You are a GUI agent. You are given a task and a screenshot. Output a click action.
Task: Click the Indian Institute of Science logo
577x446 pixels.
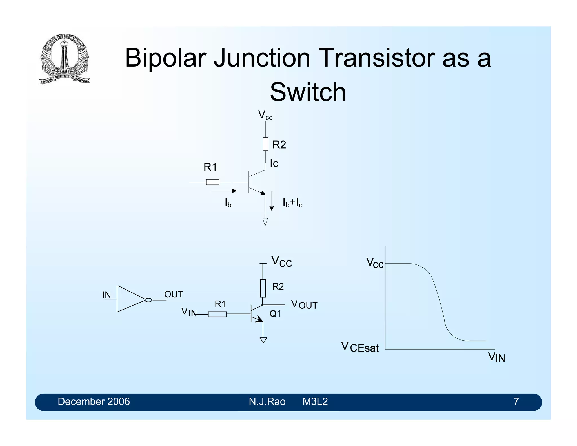[64, 58]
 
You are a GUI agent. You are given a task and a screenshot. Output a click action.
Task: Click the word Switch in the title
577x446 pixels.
[308, 92]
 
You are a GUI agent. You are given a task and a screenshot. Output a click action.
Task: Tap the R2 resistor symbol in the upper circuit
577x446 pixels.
[265, 144]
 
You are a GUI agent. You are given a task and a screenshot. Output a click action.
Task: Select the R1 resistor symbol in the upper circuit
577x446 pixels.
[212, 182]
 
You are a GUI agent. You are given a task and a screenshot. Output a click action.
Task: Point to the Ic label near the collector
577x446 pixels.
[274, 164]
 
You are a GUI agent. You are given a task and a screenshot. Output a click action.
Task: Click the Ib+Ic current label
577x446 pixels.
[292, 203]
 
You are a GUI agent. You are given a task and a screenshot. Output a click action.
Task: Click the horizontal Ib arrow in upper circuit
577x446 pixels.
[223, 191]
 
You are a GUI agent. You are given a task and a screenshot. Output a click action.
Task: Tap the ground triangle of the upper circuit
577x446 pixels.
[265, 222]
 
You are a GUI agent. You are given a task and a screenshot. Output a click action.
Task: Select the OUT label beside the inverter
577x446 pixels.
[174, 294]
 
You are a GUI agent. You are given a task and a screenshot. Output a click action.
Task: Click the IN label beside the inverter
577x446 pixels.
[106, 295]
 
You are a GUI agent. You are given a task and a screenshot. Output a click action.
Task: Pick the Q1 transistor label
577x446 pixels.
[275, 314]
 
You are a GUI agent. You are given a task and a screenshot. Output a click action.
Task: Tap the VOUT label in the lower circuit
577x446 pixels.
[304, 305]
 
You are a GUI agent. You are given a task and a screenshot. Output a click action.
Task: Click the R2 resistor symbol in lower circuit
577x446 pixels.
[263, 288]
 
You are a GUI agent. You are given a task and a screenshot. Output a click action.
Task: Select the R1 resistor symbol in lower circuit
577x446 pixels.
[217, 314]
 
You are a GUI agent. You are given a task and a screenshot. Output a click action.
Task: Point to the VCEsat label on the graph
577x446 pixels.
[360, 347]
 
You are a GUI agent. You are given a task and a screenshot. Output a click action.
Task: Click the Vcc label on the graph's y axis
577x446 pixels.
[375, 263]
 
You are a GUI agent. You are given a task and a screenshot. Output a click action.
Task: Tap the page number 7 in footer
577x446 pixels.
[516, 401]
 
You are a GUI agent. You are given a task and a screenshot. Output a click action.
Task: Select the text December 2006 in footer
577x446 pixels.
[94, 401]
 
